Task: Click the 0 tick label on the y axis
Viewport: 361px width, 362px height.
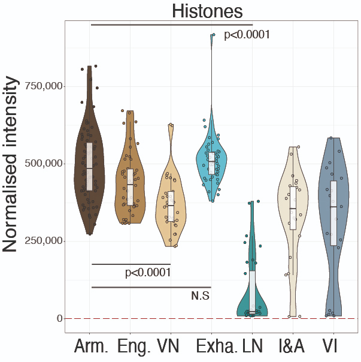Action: pyautogui.click(x=59, y=318)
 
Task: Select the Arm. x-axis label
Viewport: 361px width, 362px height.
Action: pyautogui.click(x=91, y=347)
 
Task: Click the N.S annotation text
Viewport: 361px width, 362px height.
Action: pyautogui.click(x=200, y=295)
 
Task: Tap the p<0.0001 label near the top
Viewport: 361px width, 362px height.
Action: pyautogui.click(x=247, y=35)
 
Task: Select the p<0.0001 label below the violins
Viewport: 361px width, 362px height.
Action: pyautogui.click(x=148, y=273)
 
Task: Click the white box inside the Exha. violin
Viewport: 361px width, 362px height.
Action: pyautogui.click(x=211, y=162)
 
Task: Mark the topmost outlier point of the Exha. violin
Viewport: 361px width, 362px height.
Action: pyautogui.click(x=213, y=35)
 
